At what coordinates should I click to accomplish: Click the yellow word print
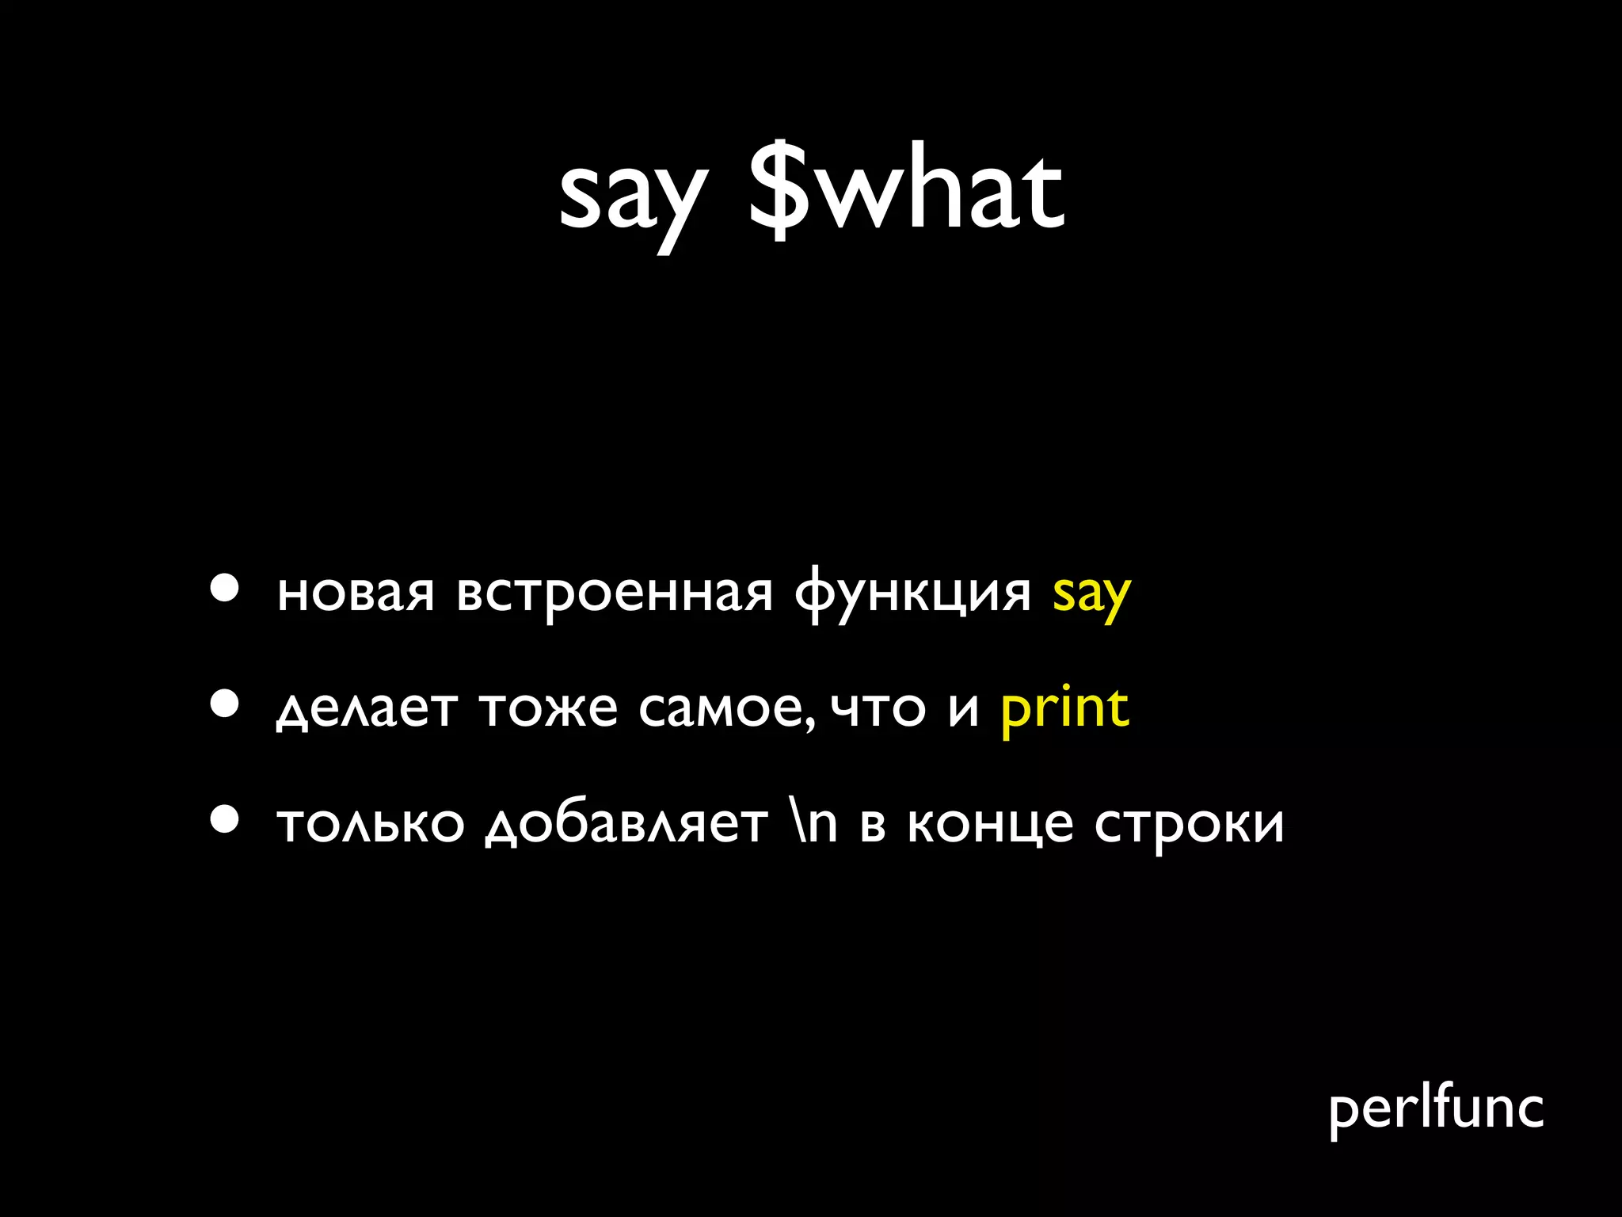(x=1064, y=708)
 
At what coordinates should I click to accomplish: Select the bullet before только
(x=225, y=819)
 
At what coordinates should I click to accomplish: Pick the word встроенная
(x=614, y=594)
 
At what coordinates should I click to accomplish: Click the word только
(x=371, y=824)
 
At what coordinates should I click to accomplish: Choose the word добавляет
(x=626, y=824)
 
